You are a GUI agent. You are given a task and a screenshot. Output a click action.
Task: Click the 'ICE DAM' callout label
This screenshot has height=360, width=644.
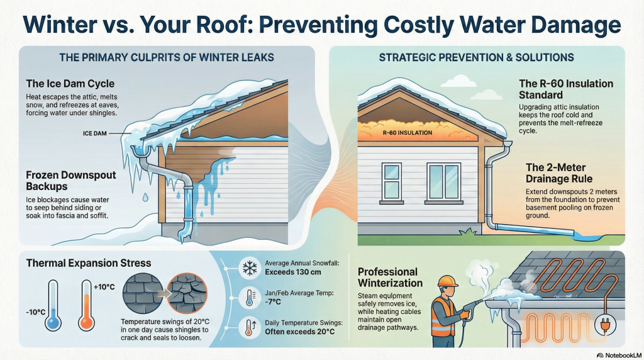[94, 133]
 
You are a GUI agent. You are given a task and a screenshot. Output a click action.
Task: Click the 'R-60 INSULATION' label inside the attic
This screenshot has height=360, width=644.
[407, 133]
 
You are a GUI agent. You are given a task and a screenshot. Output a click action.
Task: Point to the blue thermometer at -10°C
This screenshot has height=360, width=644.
[53, 305]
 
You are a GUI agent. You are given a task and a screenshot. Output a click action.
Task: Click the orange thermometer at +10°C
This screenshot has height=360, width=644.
[86, 305]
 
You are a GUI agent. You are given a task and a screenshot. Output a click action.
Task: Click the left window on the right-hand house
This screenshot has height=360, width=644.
[392, 179]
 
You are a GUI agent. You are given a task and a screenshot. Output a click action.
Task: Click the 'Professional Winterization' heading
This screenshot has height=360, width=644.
[390, 277]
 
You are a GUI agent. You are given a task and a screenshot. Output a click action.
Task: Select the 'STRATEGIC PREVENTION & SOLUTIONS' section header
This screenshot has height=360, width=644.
[476, 57]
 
